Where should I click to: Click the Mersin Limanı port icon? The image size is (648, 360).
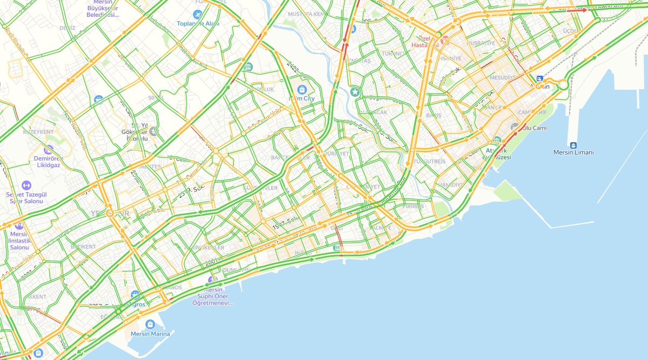pyautogui.click(x=573, y=145)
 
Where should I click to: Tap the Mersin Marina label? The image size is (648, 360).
pyautogui.click(x=150, y=334)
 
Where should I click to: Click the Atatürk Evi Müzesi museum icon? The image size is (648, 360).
pyautogui.click(x=497, y=140)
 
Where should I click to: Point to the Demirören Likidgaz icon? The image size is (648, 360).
pyautogui.click(x=49, y=149)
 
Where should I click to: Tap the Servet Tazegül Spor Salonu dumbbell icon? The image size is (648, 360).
pyautogui.click(x=26, y=185)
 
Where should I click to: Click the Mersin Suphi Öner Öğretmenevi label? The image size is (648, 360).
pyautogui.click(x=213, y=296)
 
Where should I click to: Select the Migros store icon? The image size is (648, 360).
pyautogui.click(x=135, y=295)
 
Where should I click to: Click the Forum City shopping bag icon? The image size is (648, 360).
pyautogui.click(x=302, y=89)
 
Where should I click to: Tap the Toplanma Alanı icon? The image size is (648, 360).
pyautogui.click(x=197, y=14)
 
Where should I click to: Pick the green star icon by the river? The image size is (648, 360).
pyautogui.click(x=355, y=92)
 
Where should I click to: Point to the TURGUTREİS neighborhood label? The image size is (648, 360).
pyautogui.click(x=430, y=161)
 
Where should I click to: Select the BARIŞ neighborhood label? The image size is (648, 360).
pyautogui.click(x=433, y=115)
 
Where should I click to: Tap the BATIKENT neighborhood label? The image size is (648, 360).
pyautogui.click(x=82, y=246)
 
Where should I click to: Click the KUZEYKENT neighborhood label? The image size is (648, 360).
pyautogui.click(x=38, y=132)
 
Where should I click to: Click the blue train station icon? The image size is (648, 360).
pyautogui.click(x=539, y=79)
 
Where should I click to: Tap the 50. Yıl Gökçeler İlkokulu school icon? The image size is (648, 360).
pyautogui.click(x=154, y=131)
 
